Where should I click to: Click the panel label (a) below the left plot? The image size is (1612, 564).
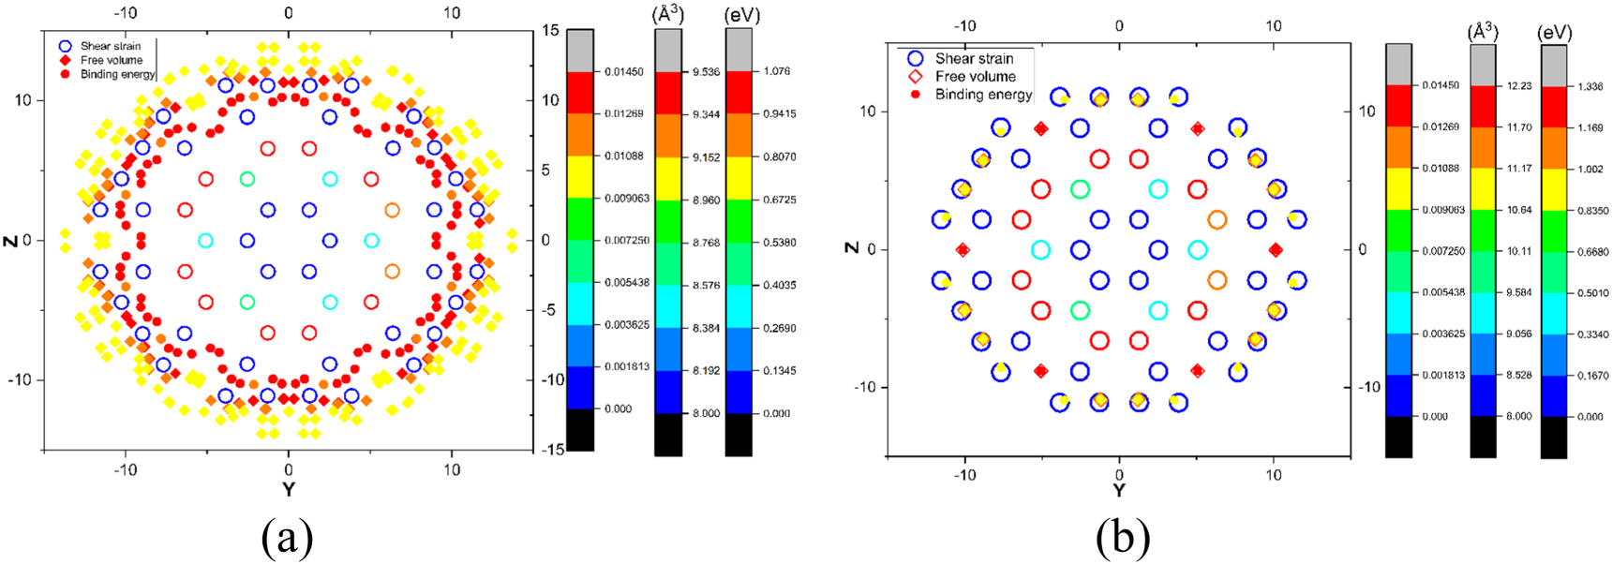(288, 539)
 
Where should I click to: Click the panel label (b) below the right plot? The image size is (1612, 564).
(1122, 539)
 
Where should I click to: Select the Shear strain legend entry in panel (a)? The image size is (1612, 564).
(110, 46)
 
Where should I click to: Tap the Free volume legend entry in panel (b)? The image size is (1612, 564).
(975, 77)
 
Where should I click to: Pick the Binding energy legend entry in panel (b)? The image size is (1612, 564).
(983, 95)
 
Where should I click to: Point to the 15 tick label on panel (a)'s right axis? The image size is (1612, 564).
(550, 31)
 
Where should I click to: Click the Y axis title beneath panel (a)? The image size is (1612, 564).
(288, 489)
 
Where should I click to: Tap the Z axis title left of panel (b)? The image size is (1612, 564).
(851, 247)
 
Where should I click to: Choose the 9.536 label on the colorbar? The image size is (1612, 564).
(706, 72)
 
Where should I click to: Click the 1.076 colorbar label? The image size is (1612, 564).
(777, 71)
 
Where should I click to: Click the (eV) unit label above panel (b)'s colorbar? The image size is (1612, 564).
(1555, 33)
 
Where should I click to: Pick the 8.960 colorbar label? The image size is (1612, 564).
(706, 200)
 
